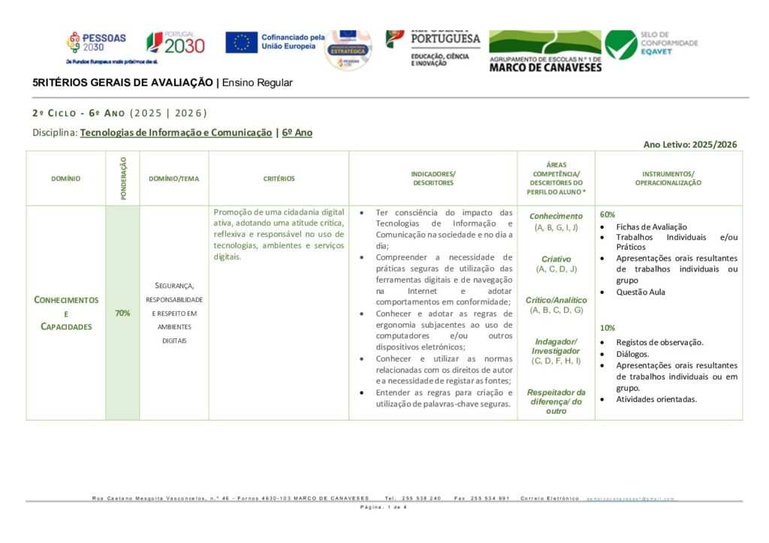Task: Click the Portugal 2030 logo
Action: click(175, 43)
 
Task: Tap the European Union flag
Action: click(241, 42)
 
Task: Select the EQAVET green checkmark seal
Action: click(621, 44)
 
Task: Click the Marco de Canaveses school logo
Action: click(544, 51)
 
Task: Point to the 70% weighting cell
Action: click(122, 313)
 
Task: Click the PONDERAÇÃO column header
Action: click(123, 178)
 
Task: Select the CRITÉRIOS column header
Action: click(279, 178)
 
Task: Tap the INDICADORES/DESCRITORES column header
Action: click(433, 178)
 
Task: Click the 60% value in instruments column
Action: click(608, 214)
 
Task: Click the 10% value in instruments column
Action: click(608, 328)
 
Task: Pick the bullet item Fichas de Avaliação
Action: click(651, 226)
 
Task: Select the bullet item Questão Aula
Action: click(641, 292)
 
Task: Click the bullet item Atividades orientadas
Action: click(656, 399)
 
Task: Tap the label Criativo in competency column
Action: click(556, 259)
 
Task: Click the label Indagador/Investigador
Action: click(556, 346)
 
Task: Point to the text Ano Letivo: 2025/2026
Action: click(690, 145)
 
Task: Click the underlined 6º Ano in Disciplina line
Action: click(297, 133)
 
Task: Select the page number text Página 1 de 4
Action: click(384, 508)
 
